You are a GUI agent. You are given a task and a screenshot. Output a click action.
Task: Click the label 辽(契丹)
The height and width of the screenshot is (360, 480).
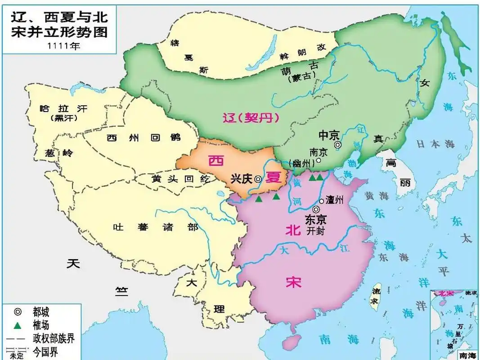251,118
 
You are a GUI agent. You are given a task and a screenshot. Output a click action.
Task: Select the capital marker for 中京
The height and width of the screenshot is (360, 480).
337,145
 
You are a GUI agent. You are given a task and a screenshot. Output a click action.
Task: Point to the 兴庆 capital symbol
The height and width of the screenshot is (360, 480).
258,178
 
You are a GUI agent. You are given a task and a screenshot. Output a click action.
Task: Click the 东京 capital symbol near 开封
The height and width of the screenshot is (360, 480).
317,209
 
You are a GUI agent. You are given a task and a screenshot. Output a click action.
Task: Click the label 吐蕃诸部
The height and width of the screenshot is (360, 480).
156,227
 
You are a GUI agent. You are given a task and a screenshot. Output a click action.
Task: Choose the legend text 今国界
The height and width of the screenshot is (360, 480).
45,351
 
